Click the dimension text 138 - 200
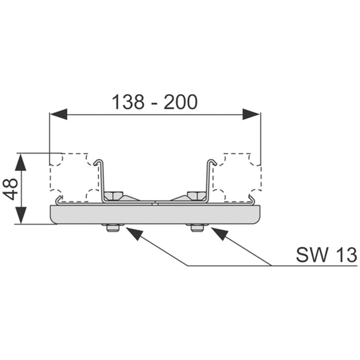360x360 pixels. [155, 102]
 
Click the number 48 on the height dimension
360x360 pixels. [11, 189]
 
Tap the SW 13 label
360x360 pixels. [326, 254]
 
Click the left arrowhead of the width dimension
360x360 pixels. [59, 114]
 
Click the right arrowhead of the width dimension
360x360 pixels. [251, 114]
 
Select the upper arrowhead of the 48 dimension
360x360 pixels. [20, 162]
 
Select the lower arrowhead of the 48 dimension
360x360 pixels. [20, 215]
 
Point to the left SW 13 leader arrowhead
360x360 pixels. [134, 234]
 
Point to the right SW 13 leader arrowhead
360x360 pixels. [220, 234]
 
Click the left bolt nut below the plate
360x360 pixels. [113, 228]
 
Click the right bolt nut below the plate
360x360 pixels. [197, 228]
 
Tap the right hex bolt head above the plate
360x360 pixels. [196, 196]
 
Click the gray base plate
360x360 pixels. [155, 215]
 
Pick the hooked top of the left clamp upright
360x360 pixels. [98, 161]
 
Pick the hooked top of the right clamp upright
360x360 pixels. [212, 161]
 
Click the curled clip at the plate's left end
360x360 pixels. [59, 200]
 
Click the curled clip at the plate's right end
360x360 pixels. [251, 200]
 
